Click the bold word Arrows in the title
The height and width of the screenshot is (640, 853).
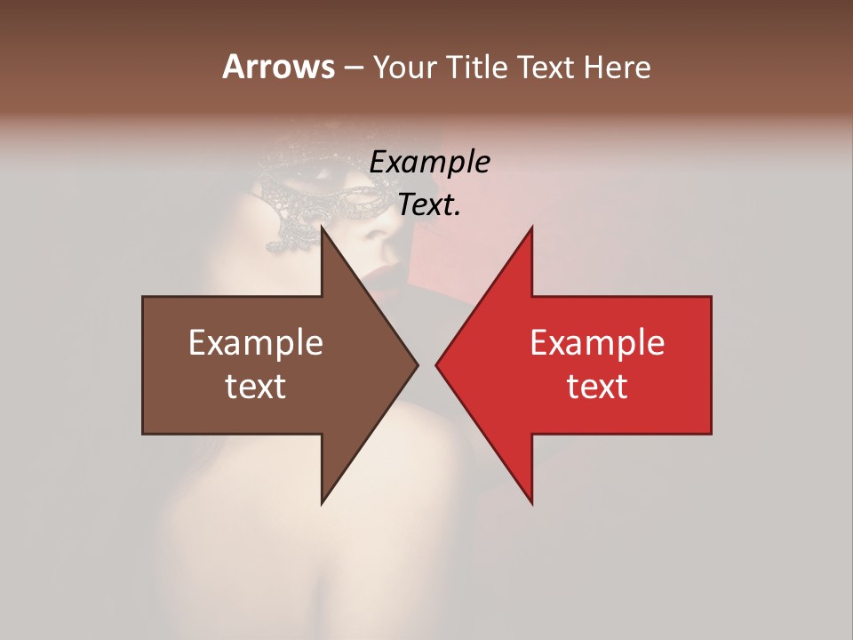[x=277, y=67]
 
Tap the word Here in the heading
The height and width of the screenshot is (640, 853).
[x=617, y=67]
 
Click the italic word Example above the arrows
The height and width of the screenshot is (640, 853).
[x=429, y=163]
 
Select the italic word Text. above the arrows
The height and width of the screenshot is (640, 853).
[x=429, y=205]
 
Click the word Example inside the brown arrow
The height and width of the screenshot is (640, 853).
[x=255, y=342]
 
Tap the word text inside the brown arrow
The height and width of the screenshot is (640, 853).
[x=255, y=387]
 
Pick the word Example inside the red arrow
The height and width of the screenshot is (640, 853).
[x=597, y=342]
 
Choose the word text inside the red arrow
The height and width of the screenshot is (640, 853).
[x=597, y=387]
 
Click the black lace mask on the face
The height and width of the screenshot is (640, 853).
[x=311, y=191]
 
